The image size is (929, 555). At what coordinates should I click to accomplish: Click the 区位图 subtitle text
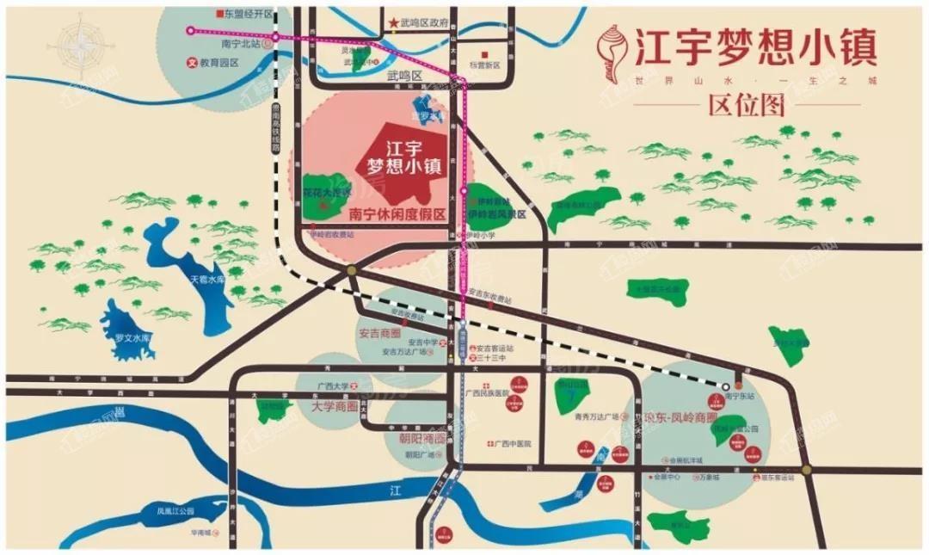(x=747, y=106)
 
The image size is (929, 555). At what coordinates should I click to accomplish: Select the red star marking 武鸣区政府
(x=393, y=23)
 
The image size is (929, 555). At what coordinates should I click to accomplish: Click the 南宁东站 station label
(x=740, y=397)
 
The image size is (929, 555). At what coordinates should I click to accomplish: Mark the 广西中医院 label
(x=513, y=443)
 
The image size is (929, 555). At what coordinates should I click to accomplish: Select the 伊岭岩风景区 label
(x=497, y=212)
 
